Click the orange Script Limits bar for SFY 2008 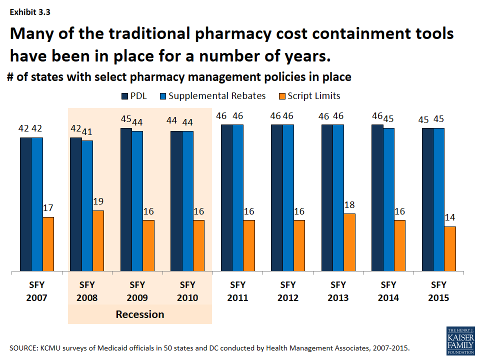coord(98,241)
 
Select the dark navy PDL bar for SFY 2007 coord(25,204)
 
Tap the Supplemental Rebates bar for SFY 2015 coord(438,200)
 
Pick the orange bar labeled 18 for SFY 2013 coord(349,242)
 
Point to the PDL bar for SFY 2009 coord(126,200)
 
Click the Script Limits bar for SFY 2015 coord(450,249)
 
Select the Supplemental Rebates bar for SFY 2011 coord(237,198)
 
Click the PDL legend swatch coord(125,95)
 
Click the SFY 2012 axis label coord(288,291)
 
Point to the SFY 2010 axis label coord(187,291)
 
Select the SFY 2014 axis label coord(388,291)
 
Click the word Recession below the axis coord(140,314)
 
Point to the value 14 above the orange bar coord(450,218)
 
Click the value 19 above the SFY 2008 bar coord(98,202)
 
